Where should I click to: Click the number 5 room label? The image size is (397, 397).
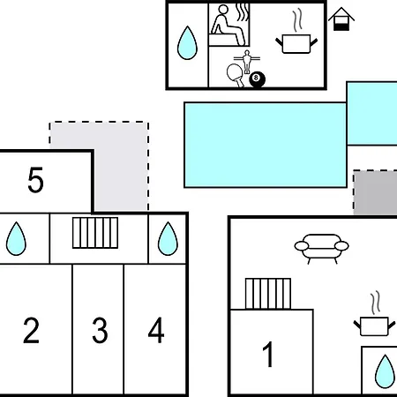[x=35, y=180]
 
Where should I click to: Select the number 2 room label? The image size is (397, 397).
[x=31, y=330]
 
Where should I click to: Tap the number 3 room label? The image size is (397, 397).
[x=100, y=330]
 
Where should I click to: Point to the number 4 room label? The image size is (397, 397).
[x=156, y=330]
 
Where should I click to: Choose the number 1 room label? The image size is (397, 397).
[x=268, y=354]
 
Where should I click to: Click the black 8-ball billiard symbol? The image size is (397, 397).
[x=257, y=79]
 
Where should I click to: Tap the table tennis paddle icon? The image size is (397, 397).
[x=236, y=75]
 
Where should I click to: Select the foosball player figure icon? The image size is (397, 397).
[x=247, y=62]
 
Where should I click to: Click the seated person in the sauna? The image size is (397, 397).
[x=227, y=25]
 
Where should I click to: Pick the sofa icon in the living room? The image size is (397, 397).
[x=322, y=249]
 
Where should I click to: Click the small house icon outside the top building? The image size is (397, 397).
[x=341, y=19]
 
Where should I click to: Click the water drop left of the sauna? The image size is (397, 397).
[x=187, y=43]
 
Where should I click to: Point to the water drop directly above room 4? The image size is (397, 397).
[x=168, y=239]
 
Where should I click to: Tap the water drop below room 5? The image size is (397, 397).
[x=16, y=239]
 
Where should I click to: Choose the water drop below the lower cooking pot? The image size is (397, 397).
[x=385, y=371]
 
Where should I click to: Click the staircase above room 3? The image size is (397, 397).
[x=95, y=233]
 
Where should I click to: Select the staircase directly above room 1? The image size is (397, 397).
[x=268, y=294]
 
